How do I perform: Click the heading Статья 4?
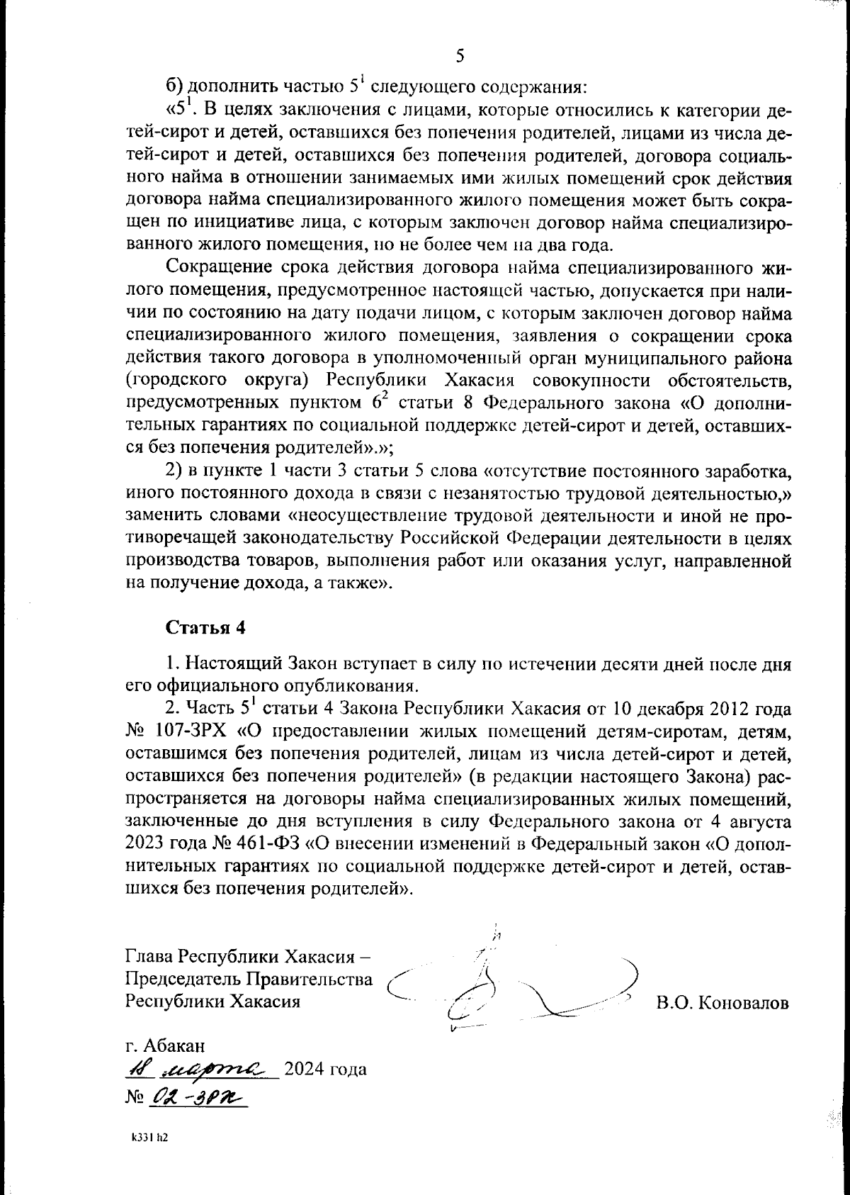[205, 627]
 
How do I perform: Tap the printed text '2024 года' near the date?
[325, 1069]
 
